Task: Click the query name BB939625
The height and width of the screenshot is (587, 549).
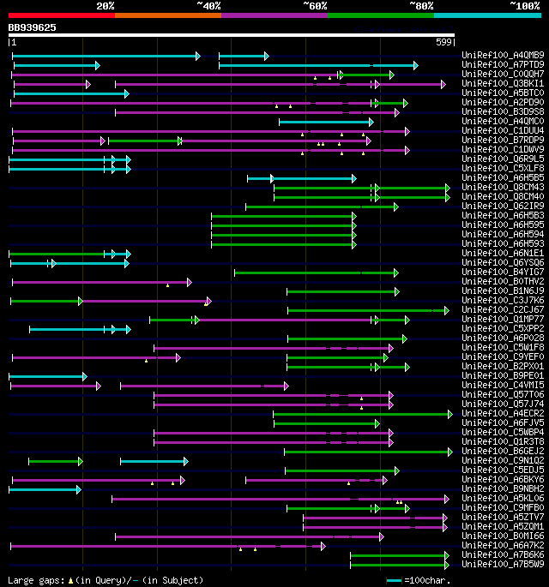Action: [33, 27]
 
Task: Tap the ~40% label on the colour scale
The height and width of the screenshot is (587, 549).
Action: [208, 5]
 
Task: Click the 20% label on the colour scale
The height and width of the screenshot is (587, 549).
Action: [106, 5]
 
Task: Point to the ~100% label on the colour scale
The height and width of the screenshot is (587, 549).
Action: [524, 5]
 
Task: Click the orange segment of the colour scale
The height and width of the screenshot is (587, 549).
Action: [167, 15]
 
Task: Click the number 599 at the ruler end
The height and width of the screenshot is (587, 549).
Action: [444, 41]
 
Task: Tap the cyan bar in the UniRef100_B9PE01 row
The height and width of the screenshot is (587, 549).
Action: [47, 375]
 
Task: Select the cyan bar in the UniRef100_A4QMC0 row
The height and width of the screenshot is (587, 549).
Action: [326, 122]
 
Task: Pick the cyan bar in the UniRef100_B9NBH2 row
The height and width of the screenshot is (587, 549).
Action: [44, 488]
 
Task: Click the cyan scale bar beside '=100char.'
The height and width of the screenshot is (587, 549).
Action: [395, 580]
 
